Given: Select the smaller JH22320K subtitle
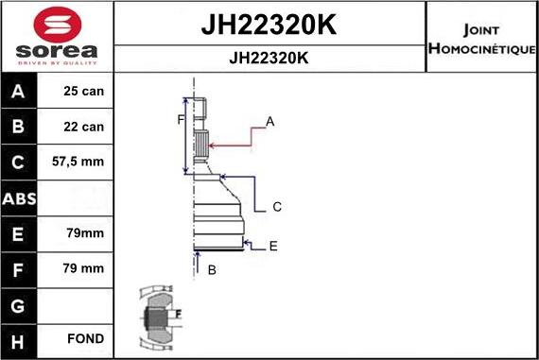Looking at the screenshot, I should [x=269, y=58].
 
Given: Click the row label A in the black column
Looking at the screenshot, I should [x=20, y=92].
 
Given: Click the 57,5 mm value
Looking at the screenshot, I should [x=78, y=163].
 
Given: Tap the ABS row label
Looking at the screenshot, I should [x=20, y=198].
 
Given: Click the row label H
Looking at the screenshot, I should [x=20, y=339].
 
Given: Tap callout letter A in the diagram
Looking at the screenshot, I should [x=269, y=121].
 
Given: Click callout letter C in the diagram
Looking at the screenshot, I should [x=277, y=206].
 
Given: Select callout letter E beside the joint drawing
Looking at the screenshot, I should [x=273, y=246].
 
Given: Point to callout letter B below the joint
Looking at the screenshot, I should [x=212, y=270].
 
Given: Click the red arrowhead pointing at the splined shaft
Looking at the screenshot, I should [x=213, y=145].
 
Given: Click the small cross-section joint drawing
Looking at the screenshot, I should [x=156, y=315].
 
